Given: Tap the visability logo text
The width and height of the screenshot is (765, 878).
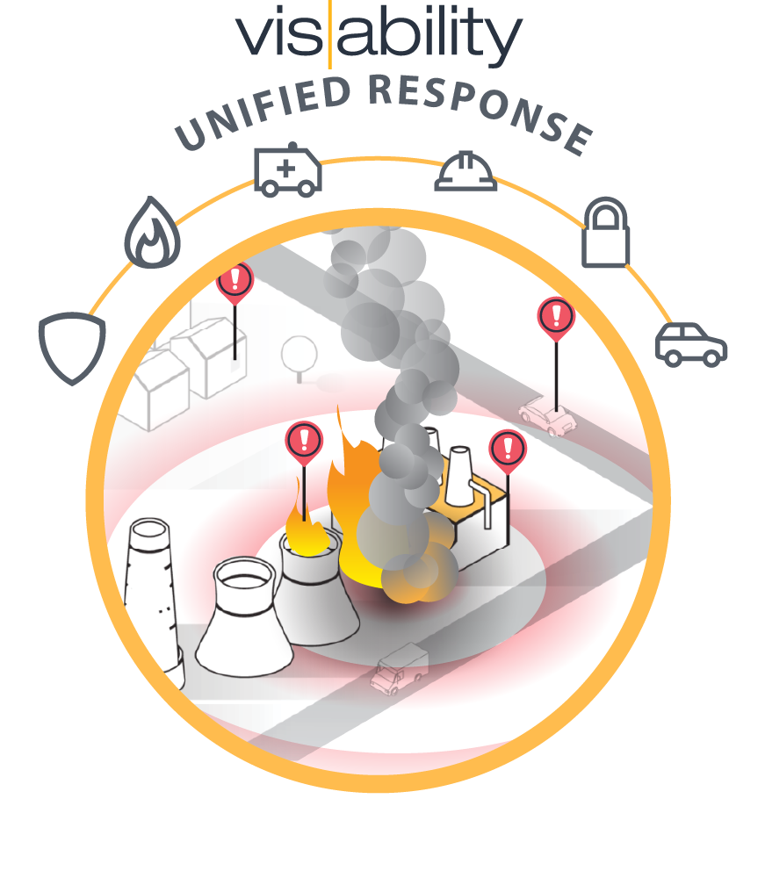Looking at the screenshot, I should (379, 35).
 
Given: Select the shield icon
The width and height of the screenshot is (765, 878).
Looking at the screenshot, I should (71, 348).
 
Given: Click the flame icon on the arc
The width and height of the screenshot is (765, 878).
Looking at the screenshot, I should (152, 232).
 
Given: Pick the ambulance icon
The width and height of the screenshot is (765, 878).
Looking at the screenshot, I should (287, 169).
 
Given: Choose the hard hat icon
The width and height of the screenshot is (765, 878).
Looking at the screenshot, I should (466, 170).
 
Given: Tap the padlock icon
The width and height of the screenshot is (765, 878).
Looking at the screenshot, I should (606, 233).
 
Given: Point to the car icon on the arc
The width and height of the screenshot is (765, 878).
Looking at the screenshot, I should (691, 343).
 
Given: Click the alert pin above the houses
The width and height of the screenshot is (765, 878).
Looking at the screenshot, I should (235, 280).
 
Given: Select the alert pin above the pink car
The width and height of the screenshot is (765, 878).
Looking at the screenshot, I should (555, 317).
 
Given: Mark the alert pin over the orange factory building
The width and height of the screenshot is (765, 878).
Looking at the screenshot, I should (507, 449).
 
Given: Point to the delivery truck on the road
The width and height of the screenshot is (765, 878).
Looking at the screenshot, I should (400, 667).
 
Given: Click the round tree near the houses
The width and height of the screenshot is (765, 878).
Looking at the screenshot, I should (299, 354).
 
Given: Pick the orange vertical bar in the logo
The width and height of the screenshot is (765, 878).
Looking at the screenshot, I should (329, 35).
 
